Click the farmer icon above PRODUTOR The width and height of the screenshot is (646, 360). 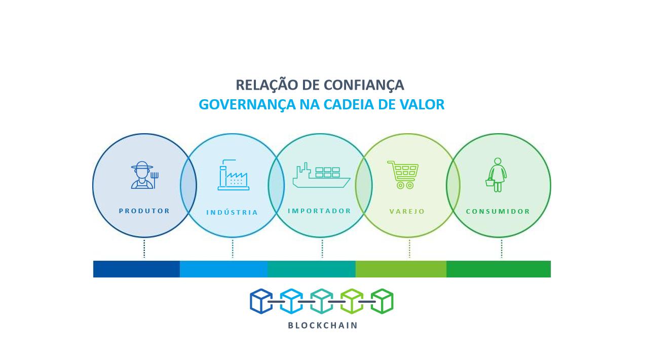(x=143, y=175)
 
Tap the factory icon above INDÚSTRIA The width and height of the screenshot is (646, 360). (x=233, y=175)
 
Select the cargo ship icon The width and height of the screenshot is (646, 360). (x=321, y=175)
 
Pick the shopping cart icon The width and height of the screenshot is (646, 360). (x=403, y=175)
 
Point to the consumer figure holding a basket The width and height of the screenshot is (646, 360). (x=496, y=175)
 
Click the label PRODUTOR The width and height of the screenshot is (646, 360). (x=144, y=211)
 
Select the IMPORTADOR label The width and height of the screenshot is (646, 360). (x=320, y=211)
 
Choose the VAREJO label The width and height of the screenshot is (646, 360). (x=407, y=211)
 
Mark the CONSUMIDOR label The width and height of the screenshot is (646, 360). (x=498, y=211)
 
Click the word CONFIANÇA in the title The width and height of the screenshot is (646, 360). (x=364, y=85)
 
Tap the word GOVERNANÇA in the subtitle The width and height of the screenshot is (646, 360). (x=247, y=105)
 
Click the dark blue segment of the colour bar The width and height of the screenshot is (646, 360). (x=136, y=269)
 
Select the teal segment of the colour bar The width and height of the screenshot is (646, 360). (x=312, y=269)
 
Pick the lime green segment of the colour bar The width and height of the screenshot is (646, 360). (x=401, y=269)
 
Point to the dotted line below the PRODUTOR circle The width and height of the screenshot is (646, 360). (x=144, y=249)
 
